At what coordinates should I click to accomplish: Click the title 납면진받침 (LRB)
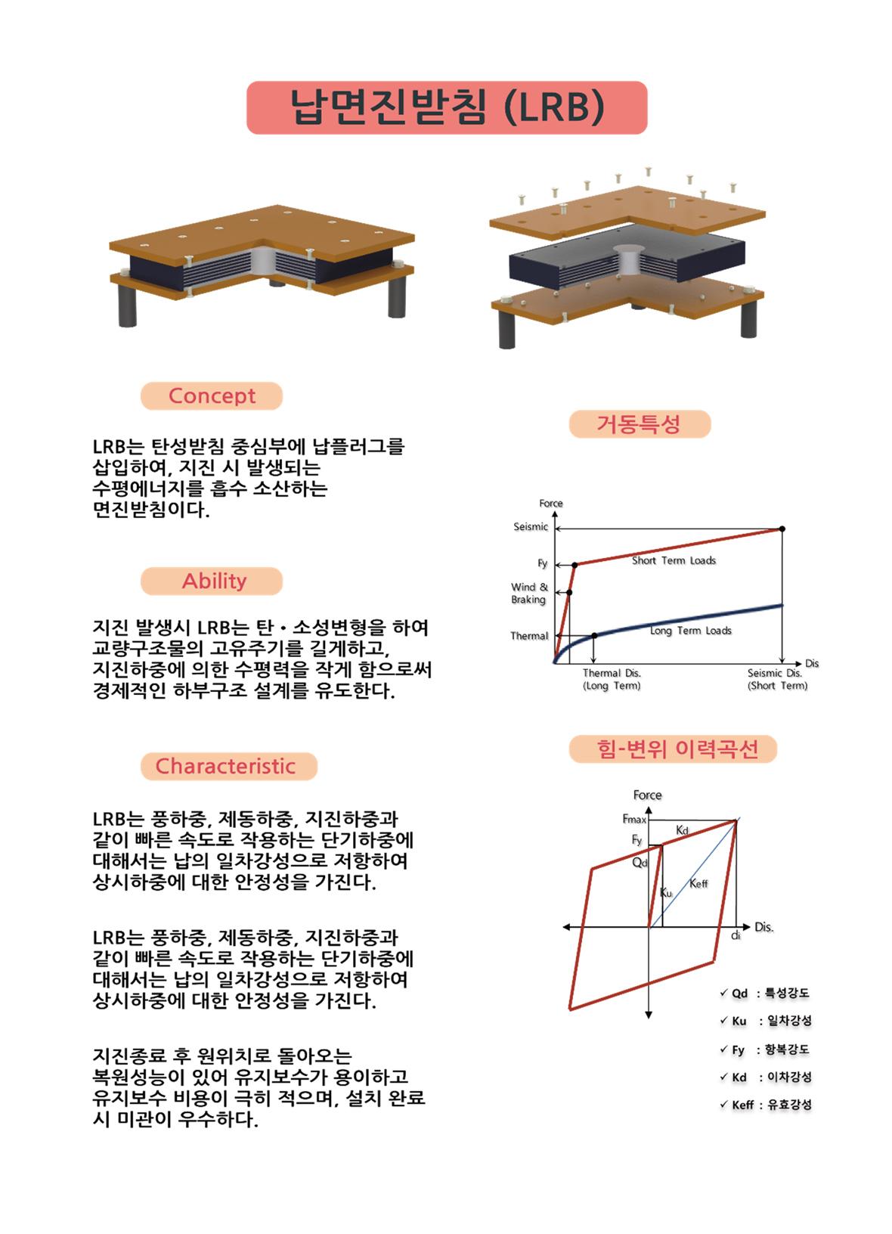pyautogui.click(x=447, y=108)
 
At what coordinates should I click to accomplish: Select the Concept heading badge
pyautogui.click(x=212, y=396)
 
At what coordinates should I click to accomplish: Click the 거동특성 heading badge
pyautogui.click(x=639, y=424)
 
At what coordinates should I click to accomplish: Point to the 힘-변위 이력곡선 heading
pyautogui.click(x=672, y=749)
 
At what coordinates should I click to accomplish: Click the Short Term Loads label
pyautogui.click(x=674, y=561)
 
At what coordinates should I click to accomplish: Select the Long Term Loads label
pyautogui.click(x=690, y=631)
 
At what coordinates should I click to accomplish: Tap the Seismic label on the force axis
pyautogui.click(x=530, y=527)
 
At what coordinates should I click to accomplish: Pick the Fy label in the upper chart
pyautogui.click(x=542, y=563)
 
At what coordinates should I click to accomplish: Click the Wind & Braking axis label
pyautogui.click(x=528, y=594)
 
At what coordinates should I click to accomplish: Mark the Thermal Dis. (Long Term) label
pyautogui.click(x=612, y=680)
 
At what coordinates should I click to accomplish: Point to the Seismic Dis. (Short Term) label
pyautogui.click(x=777, y=680)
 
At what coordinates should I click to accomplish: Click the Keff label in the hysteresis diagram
pyautogui.click(x=698, y=883)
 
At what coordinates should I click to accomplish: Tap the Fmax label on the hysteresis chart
pyautogui.click(x=634, y=819)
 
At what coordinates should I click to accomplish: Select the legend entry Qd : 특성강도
pyautogui.click(x=765, y=994)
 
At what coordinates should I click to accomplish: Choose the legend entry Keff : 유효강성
pyautogui.click(x=765, y=1105)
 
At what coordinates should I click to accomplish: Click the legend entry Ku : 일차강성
pyautogui.click(x=765, y=1022)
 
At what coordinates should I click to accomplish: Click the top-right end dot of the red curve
pyautogui.click(x=782, y=529)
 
